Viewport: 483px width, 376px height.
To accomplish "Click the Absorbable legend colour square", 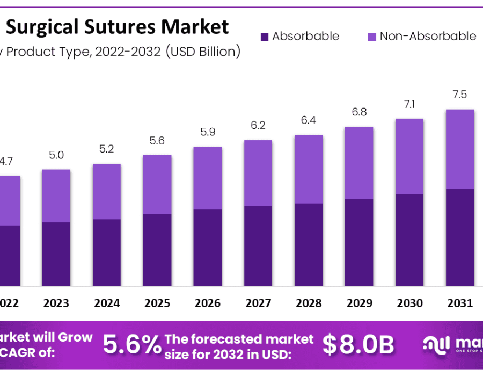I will tap(264, 37).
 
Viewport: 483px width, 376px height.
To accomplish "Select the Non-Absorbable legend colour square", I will tap(371, 37).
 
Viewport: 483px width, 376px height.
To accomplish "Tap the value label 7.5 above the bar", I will tap(460, 95).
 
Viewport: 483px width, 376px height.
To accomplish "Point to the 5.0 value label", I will tap(56, 155).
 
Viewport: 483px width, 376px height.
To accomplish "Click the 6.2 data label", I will tap(258, 126).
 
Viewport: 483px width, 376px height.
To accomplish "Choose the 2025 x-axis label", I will tap(157, 303).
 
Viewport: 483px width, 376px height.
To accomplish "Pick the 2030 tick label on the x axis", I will tap(409, 303).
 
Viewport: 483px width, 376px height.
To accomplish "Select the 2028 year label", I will tap(309, 303).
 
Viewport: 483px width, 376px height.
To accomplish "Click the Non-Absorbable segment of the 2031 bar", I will tap(460, 149).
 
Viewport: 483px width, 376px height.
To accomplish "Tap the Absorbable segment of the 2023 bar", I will tap(56, 254).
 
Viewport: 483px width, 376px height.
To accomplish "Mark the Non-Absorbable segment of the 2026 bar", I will tap(208, 178).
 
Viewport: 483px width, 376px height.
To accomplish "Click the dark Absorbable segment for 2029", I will tap(359, 242).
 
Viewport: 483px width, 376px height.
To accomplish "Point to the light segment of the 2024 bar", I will tap(107, 191).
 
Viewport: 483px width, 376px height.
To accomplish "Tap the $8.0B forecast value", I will tap(358, 345).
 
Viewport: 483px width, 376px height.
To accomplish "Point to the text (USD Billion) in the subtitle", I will tap(202, 52).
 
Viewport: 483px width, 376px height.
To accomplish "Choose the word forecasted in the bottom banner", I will tap(236, 338).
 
